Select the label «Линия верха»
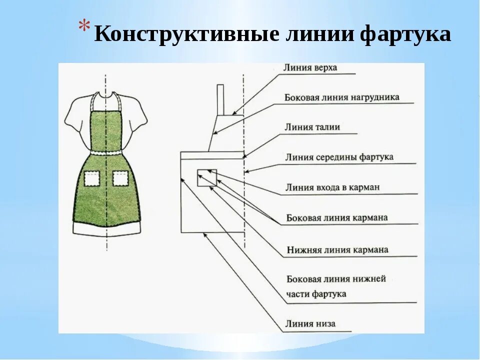point(310,67)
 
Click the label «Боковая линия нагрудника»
point(342,97)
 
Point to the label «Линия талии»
point(312,127)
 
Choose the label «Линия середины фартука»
point(339,157)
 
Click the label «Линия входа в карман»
point(332,187)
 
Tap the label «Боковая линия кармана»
point(337,218)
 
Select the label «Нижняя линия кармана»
point(337,249)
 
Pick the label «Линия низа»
point(310,323)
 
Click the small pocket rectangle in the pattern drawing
point(207,178)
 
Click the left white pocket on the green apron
point(91,178)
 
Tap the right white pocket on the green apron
point(120,178)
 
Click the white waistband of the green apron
point(106,151)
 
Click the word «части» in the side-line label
point(298,294)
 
